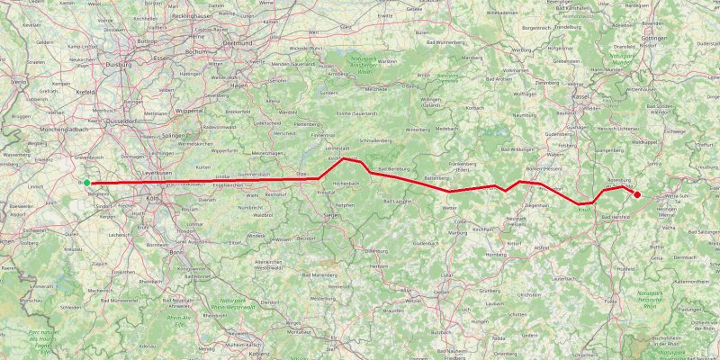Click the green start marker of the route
(86, 184)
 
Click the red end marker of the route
(637, 194)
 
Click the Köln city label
(152, 197)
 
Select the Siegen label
(332, 216)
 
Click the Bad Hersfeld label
(616, 218)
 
